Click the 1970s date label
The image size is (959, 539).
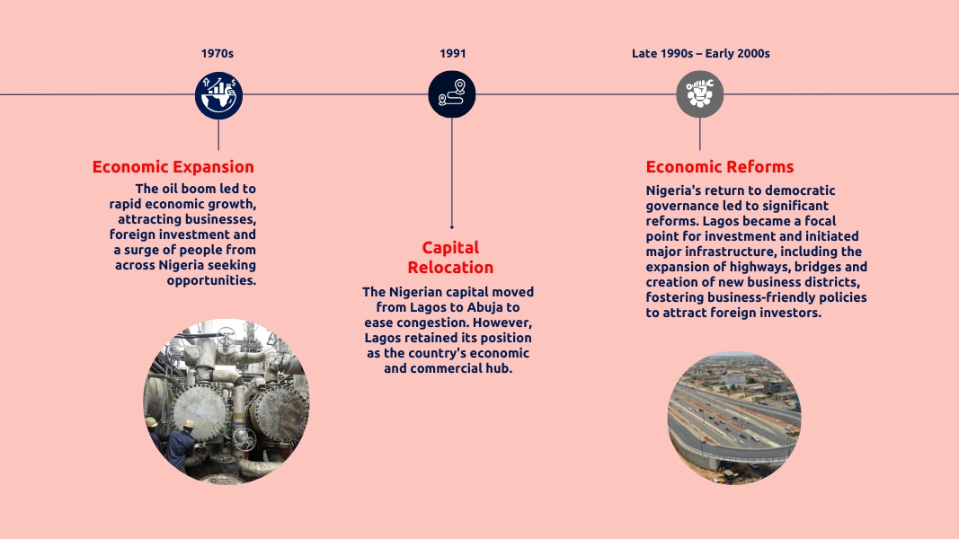click(x=218, y=54)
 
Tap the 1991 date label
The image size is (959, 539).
click(x=453, y=54)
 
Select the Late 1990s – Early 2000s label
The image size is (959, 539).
click(x=700, y=54)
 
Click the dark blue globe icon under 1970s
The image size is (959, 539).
click(x=218, y=94)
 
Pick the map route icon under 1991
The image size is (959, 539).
click(x=451, y=94)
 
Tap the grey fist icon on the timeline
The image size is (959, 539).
click(x=699, y=94)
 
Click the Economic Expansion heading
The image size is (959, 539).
click(x=173, y=167)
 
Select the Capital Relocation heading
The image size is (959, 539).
click(x=450, y=257)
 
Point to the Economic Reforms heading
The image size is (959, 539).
click(x=720, y=167)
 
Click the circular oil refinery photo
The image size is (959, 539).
click(x=226, y=401)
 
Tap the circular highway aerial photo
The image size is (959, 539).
click(x=733, y=418)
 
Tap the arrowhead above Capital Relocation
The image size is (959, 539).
click(x=451, y=227)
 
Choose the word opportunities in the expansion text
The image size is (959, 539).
click(x=211, y=280)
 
